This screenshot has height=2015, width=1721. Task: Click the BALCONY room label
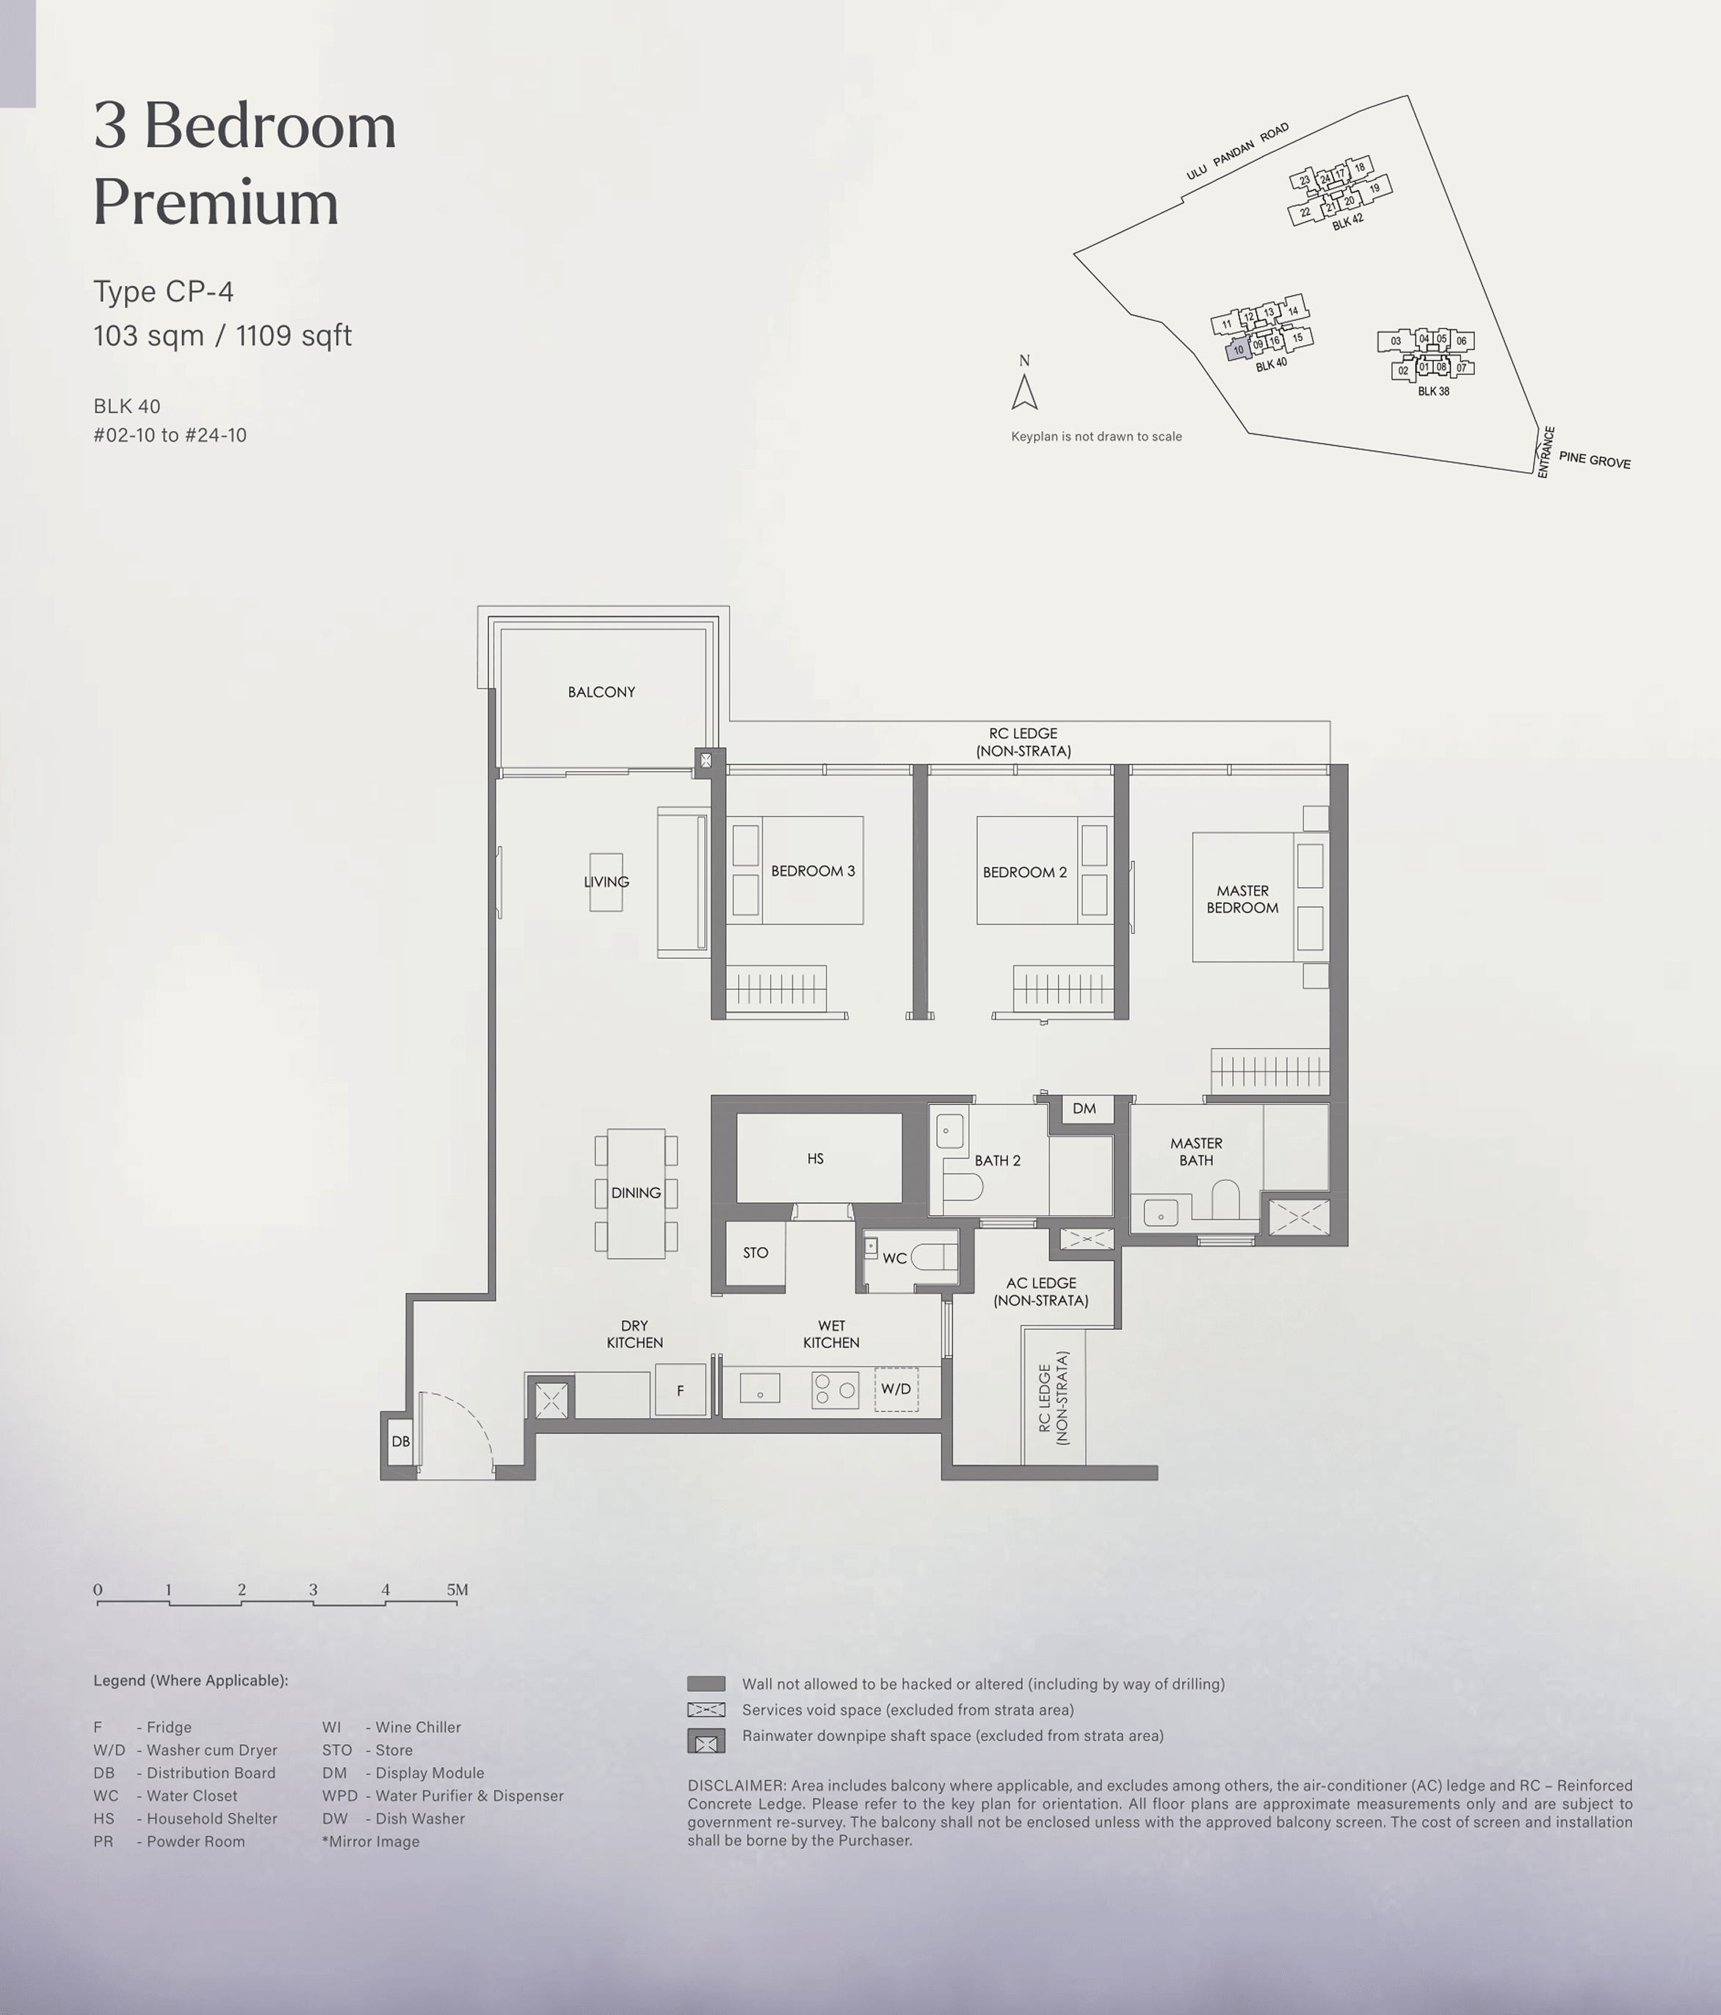[x=601, y=692]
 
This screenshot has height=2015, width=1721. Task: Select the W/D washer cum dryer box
[x=896, y=1389]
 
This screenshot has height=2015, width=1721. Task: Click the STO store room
[x=756, y=1253]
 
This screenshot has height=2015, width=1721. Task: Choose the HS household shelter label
[x=815, y=1158]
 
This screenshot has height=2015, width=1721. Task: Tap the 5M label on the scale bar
[x=457, y=1589]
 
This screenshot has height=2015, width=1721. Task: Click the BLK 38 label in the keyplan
[x=1433, y=391]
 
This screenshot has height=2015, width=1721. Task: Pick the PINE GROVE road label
[x=1595, y=459]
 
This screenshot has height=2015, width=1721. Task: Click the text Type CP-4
[x=163, y=291]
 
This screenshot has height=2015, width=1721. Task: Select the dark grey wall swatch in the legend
[x=706, y=1683]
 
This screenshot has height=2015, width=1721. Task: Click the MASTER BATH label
[x=1196, y=1151]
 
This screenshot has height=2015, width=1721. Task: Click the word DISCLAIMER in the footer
[x=736, y=1785]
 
